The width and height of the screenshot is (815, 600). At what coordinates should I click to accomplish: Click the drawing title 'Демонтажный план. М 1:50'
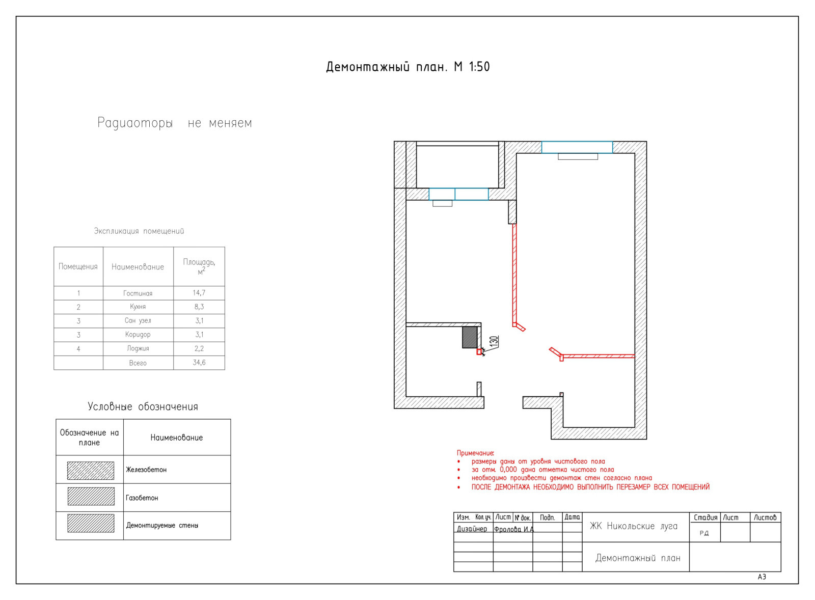[x=408, y=67]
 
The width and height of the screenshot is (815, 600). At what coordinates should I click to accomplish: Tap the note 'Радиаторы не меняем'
[x=175, y=123]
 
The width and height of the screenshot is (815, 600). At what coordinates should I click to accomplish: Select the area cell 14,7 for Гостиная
[x=199, y=292]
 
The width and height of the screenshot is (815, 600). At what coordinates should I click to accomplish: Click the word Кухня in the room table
[x=138, y=307]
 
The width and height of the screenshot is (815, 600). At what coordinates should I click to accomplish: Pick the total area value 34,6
[x=199, y=363]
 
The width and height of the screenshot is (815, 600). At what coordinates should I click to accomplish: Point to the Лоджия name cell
[x=138, y=348]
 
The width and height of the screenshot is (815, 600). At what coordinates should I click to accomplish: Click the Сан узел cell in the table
[x=138, y=320]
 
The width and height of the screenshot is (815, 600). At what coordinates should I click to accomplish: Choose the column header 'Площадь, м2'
[x=199, y=267]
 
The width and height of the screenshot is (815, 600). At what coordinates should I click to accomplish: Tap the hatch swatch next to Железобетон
[x=91, y=471]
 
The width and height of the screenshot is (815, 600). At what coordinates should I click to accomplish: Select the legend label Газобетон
[x=142, y=498]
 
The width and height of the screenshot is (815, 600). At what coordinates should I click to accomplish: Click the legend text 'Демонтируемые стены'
[x=162, y=526]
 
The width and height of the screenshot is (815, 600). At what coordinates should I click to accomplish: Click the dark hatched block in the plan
[x=470, y=337]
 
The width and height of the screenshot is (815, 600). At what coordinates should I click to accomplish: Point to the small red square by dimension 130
[x=479, y=351]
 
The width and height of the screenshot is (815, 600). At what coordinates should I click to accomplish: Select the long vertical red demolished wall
[x=514, y=275]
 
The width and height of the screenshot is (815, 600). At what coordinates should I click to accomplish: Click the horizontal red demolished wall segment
[x=599, y=356]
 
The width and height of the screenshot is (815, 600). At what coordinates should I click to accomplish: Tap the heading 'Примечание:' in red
[x=476, y=453]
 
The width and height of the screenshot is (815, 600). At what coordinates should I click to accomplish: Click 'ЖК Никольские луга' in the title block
[x=634, y=526]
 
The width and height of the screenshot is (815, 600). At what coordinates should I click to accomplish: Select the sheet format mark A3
[x=762, y=577]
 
